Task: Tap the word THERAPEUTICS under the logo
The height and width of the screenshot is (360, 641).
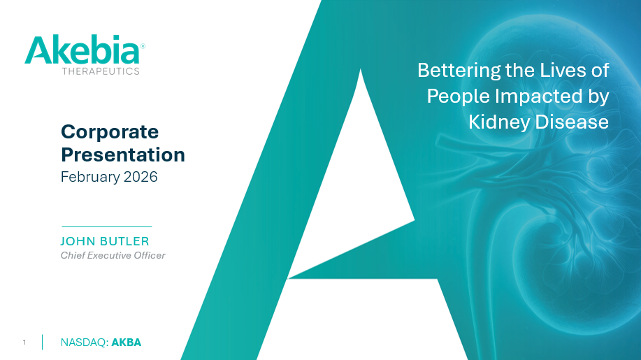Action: pos(101,71)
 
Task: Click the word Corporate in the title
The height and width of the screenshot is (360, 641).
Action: pos(110,131)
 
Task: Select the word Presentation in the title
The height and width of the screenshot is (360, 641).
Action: pos(123,154)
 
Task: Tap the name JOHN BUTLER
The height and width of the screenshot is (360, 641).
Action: pos(105,241)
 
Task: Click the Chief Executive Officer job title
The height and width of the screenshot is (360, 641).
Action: pos(113,255)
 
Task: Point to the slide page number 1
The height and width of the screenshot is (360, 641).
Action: pos(24,343)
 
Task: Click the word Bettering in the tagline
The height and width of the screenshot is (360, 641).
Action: pos(459,71)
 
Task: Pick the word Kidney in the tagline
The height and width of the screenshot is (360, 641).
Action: pos(499,122)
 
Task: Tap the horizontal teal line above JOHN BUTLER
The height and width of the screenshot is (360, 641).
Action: pos(106,226)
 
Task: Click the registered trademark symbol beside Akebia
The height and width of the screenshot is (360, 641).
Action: pos(143,46)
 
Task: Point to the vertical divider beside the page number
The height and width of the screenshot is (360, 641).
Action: pos(42,343)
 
